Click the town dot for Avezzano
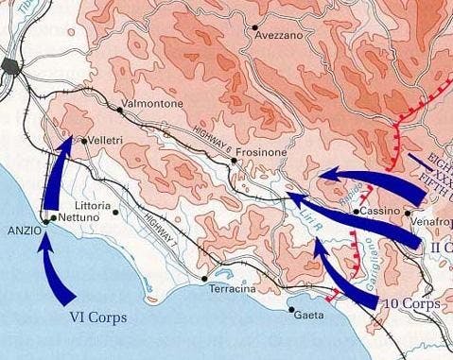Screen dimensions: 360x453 253,26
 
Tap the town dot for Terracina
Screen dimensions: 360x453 205,279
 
